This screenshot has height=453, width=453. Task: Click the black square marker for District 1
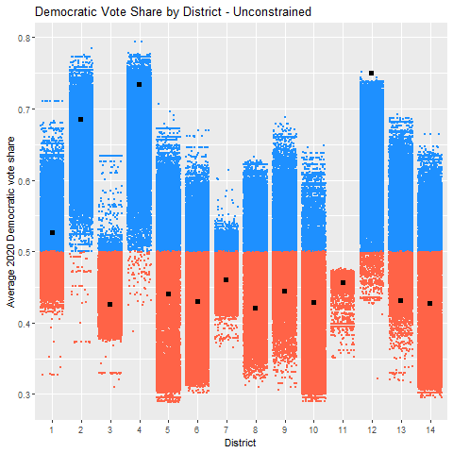point(52,232)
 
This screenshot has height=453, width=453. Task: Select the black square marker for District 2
point(81,119)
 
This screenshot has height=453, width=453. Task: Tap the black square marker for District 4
point(139,84)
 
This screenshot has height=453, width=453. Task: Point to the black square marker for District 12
point(372,73)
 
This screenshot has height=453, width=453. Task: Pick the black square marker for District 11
point(343,282)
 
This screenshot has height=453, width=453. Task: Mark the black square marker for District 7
point(226,279)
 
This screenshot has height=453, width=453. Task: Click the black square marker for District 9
point(284,291)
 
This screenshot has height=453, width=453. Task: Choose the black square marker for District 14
point(429,303)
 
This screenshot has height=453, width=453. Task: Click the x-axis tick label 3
point(110,429)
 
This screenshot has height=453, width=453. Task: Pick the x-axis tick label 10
point(313,429)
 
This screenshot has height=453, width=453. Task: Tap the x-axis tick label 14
point(429,429)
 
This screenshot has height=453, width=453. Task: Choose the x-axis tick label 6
point(197,429)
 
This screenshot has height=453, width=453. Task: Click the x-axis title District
point(241,442)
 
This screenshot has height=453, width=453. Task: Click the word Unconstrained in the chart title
point(256,10)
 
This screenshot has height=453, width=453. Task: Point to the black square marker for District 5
point(168,294)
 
